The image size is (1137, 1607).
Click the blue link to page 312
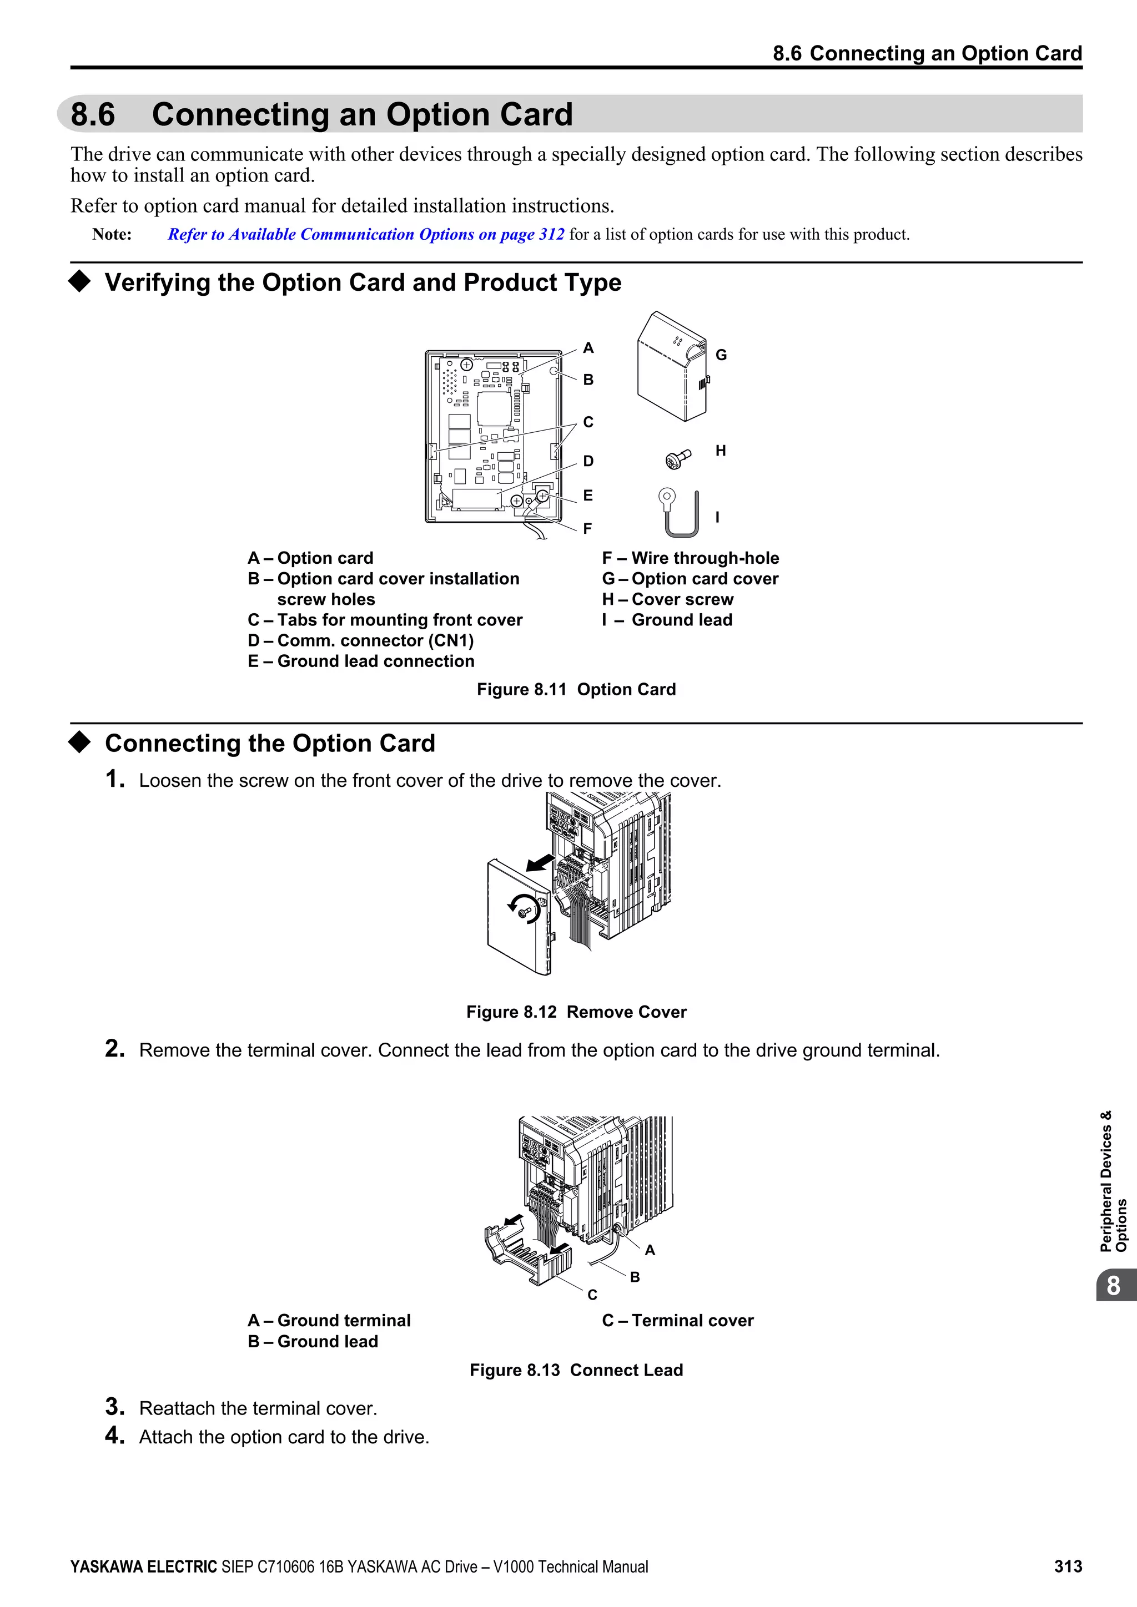(365, 235)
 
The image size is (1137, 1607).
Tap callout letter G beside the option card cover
(721, 355)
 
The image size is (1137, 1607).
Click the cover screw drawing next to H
(677, 459)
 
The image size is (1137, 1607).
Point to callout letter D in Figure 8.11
(588, 461)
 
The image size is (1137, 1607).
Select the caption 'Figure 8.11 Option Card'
(576, 689)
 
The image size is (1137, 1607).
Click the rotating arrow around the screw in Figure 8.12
(524, 908)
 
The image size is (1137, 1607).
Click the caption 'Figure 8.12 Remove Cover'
(576, 1012)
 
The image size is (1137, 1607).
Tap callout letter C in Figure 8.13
(592, 1295)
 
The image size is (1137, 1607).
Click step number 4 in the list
(114, 1436)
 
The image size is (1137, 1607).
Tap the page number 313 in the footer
(1068, 1566)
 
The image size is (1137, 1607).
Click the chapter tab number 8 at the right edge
(1113, 1286)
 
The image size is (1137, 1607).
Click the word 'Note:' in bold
(112, 235)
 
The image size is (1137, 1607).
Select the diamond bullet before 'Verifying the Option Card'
(80, 281)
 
